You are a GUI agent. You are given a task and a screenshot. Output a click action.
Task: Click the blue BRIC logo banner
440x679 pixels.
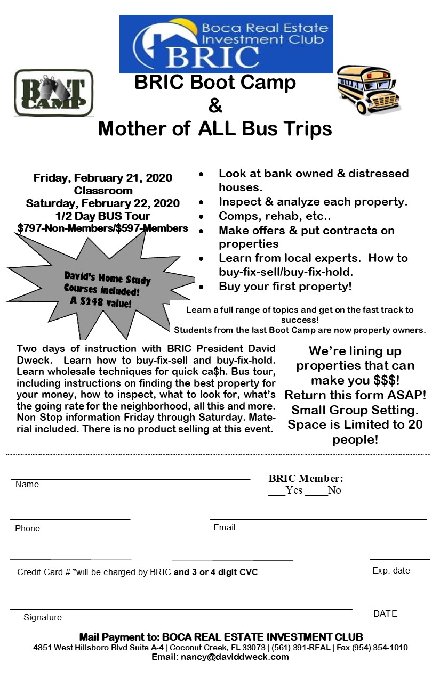(226, 44)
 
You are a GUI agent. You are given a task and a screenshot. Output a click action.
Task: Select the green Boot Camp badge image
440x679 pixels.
(53, 93)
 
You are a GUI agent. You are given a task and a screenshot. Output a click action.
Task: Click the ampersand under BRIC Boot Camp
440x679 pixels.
(215, 105)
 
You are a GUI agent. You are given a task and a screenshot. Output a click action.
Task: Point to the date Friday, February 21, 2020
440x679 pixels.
(103, 178)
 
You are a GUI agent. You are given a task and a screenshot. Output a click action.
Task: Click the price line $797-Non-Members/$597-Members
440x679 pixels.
(103, 228)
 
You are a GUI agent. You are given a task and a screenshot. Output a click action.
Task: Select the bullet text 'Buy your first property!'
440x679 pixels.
(285, 287)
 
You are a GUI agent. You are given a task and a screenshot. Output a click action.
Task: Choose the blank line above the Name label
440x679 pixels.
(130, 479)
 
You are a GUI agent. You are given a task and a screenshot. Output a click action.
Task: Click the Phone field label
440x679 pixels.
(27, 528)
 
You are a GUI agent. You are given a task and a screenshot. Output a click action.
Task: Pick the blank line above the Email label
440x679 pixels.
(318, 518)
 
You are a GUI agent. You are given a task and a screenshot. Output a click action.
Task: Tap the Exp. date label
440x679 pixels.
(391, 570)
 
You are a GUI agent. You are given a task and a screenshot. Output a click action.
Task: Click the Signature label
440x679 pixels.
(43, 617)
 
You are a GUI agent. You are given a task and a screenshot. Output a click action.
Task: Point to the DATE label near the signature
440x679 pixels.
(385, 613)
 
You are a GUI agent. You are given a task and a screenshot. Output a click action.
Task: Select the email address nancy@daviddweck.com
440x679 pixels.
(236, 657)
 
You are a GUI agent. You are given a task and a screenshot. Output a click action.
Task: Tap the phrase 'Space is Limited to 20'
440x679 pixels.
(355, 424)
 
